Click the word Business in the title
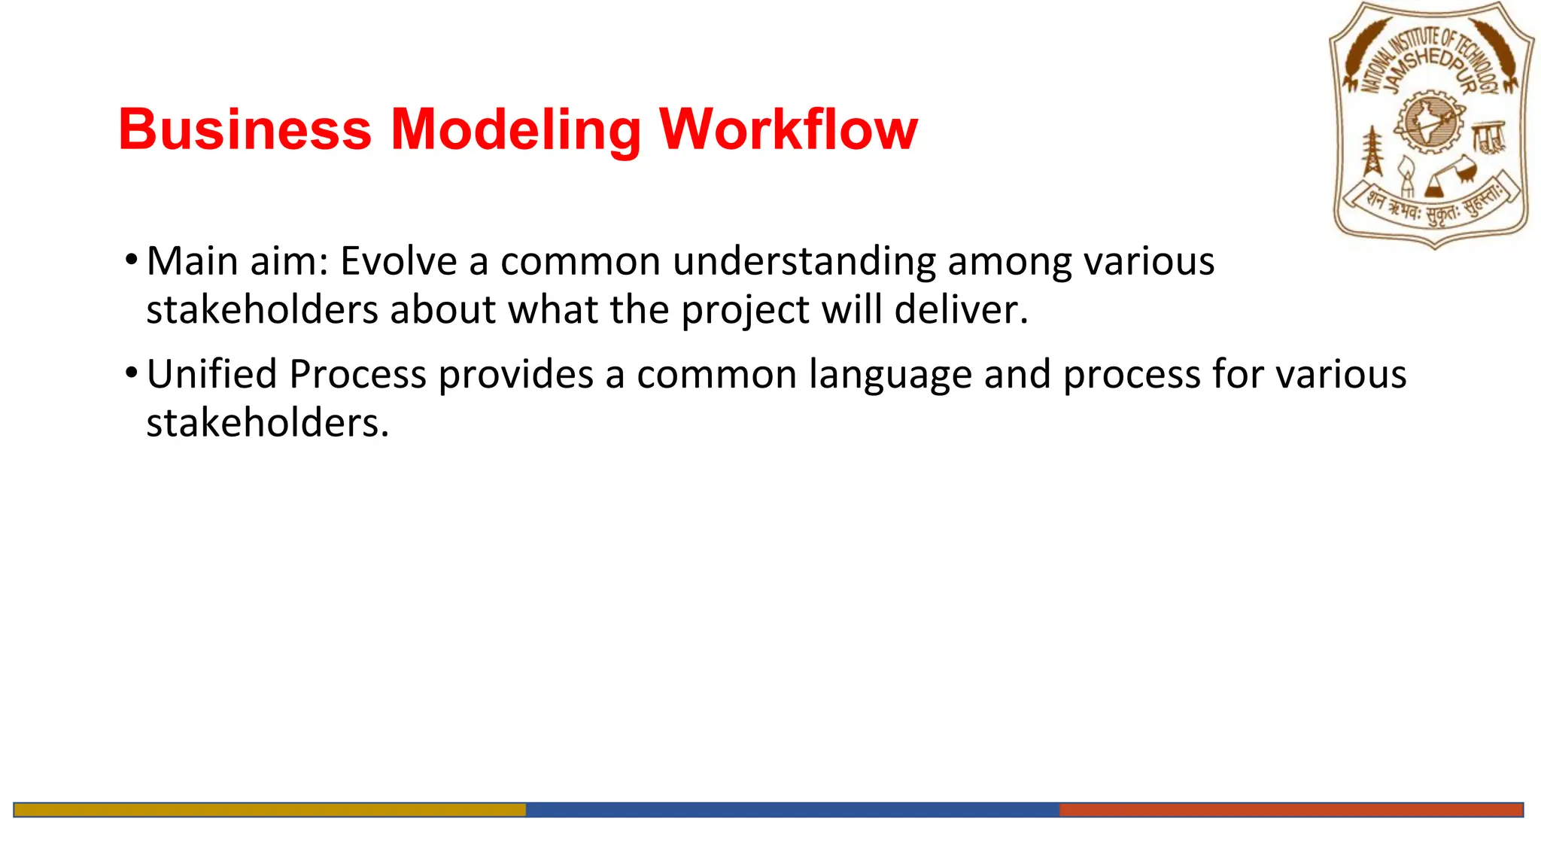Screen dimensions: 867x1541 point(245,129)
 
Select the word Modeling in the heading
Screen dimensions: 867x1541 point(515,129)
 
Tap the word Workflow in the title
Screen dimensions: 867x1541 point(788,129)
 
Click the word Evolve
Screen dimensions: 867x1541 point(398,261)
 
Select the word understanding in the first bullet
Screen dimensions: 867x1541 point(804,261)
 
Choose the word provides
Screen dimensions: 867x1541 point(516,374)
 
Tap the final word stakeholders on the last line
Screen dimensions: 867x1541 point(266,422)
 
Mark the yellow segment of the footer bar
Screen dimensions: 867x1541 point(269,810)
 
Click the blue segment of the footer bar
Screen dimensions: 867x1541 point(792,810)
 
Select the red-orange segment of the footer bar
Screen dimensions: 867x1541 point(1290,810)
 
